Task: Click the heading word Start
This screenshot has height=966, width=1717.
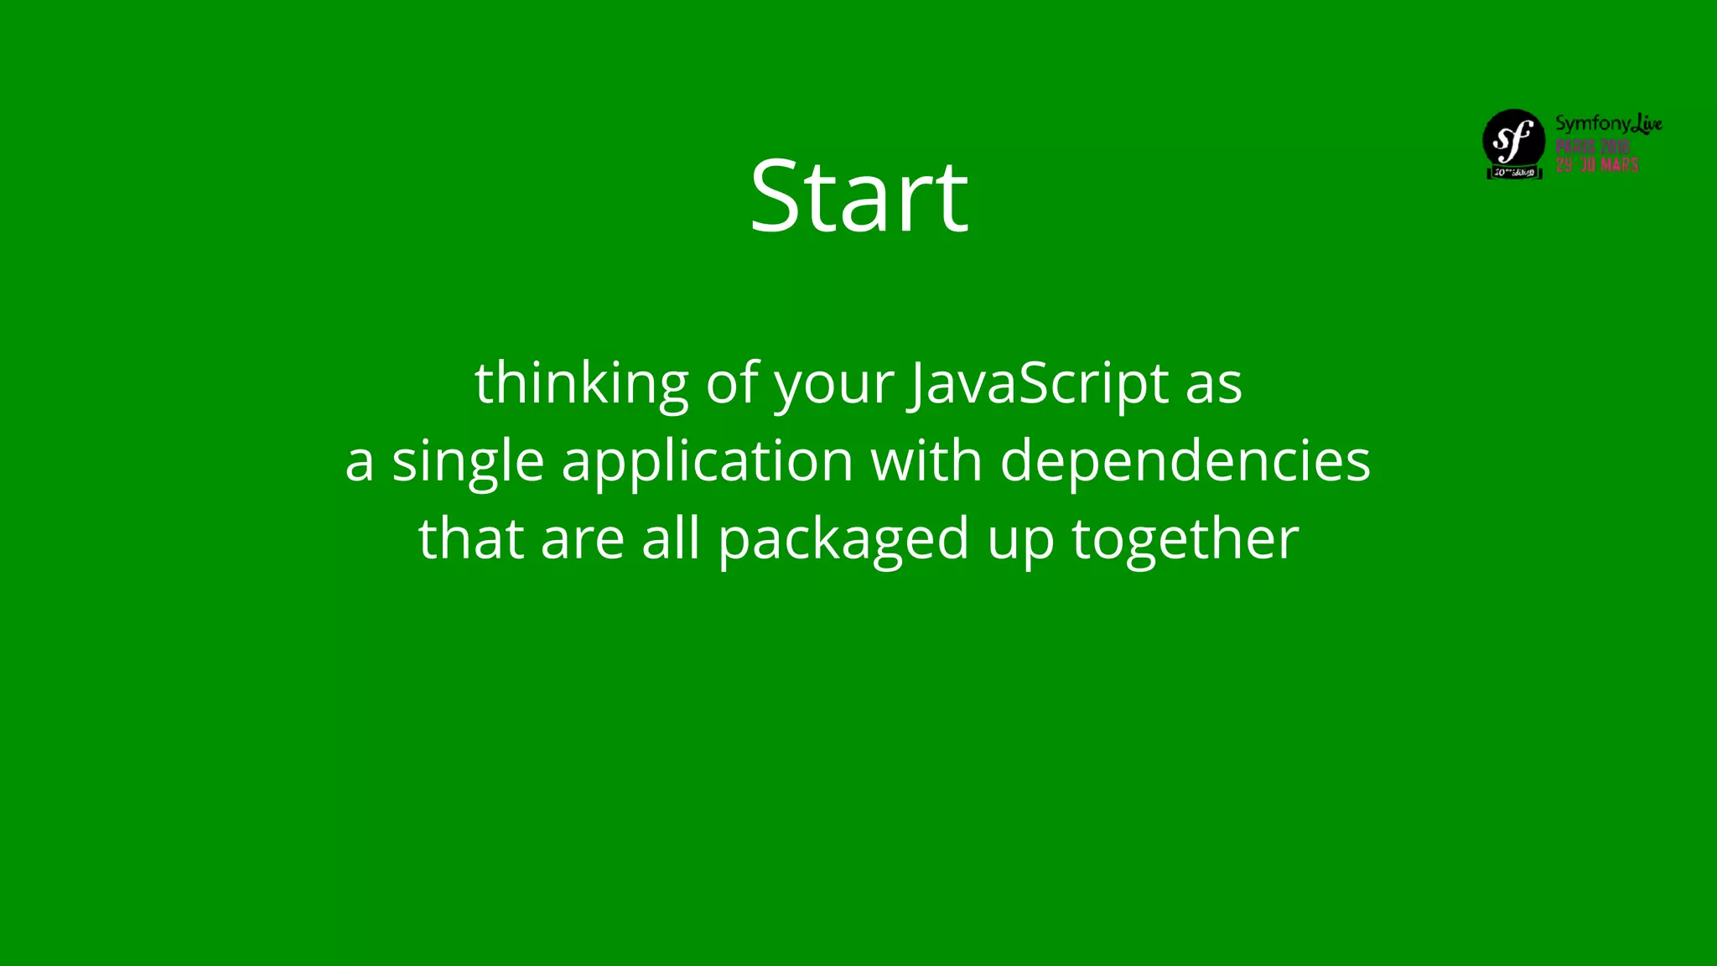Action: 858,196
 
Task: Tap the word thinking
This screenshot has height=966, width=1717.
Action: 582,383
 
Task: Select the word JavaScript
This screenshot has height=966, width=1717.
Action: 1038,383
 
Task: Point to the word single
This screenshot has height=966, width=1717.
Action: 468,462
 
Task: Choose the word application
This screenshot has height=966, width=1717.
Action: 708,462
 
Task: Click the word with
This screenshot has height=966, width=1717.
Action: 926,460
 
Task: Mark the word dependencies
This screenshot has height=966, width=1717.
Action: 1185,462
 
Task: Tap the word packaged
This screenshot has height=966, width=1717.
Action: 843,540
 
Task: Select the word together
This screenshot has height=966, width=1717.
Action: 1185,539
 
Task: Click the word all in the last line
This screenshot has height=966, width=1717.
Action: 671,538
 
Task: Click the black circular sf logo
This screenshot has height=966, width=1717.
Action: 1513,139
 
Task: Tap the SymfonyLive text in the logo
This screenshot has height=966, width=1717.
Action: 1608,124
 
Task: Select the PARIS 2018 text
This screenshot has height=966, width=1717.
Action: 1592,146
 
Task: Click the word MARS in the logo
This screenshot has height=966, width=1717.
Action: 1619,165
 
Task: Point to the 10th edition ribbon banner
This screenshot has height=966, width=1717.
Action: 1514,173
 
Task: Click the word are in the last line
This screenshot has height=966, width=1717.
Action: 582,540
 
